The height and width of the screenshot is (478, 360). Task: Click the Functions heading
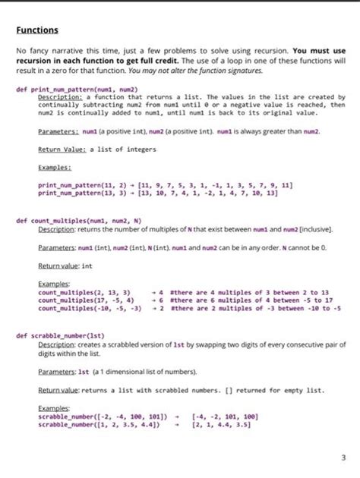click(x=37, y=30)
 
